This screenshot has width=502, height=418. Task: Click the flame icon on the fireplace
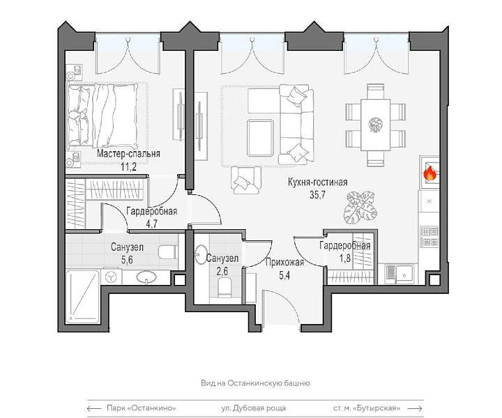click(429, 173)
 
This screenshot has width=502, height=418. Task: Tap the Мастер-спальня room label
click(128, 154)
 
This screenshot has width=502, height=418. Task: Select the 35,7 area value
click(317, 194)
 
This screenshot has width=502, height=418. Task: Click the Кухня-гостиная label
click(318, 183)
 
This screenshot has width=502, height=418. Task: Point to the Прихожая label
click(284, 263)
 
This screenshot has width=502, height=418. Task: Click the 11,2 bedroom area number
click(129, 167)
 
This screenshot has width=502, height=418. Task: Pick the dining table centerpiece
click(375, 124)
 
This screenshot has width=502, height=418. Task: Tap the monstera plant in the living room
click(360, 207)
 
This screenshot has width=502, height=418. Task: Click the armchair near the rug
click(247, 180)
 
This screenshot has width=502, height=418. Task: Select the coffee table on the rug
click(260, 137)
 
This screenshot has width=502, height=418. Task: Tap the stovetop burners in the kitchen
click(429, 236)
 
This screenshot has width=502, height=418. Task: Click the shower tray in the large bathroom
click(82, 297)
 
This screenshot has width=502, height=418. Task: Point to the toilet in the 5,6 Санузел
click(169, 251)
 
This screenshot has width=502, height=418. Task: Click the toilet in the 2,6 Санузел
click(225, 286)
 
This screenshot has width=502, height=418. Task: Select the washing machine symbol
click(111, 277)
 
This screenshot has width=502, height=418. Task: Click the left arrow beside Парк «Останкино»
click(94, 408)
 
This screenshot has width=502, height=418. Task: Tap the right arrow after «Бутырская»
click(416, 408)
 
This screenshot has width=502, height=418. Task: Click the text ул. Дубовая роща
click(253, 408)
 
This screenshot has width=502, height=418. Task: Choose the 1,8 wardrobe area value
click(345, 258)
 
